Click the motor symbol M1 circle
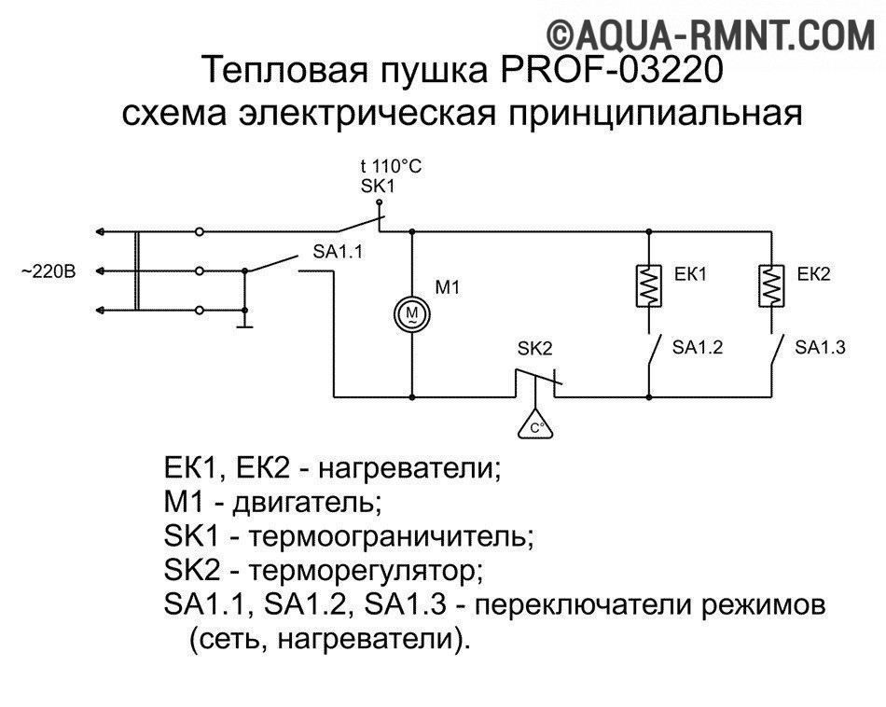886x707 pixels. pyautogui.click(x=411, y=312)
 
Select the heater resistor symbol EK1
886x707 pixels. pyautogui.click(x=647, y=285)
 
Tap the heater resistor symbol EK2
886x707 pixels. pyautogui.click(x=771, y=285)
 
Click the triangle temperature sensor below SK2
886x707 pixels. pyautogui.click(x=535, y=425)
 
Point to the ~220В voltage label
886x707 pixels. pyautogui.click(x=48, y=272)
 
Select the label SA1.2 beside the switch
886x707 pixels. pyautogui.click(x=698, y=347)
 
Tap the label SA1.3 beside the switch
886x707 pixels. pyautogui.click(x=820, y=347)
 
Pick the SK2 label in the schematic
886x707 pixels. pyautogui.click(x=534, y=349)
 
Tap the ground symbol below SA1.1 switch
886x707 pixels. pyautogui.click(x=245, y=325)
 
